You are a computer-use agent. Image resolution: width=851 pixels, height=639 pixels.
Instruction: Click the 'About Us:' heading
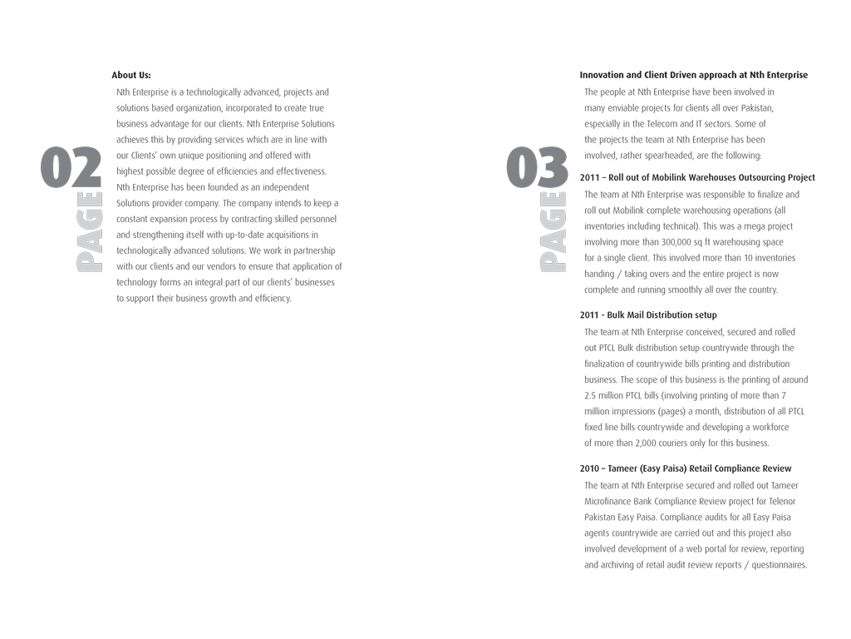(131, 75)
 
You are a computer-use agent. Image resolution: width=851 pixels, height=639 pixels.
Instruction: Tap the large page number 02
(71, 167)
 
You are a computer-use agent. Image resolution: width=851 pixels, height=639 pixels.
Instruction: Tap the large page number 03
(538, 167)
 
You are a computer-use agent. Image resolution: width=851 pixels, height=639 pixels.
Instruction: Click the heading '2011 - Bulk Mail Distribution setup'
(648, 315)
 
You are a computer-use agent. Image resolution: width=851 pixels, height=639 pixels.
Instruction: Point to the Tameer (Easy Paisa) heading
(686, 468)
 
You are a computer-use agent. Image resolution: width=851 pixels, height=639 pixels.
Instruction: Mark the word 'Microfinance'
(610, 501)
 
